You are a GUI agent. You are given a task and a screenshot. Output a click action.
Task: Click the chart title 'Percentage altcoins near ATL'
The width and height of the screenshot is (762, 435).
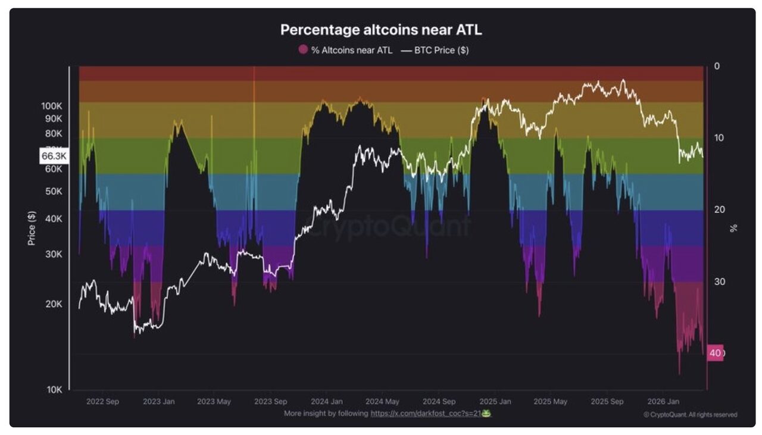click(x=380, y=30)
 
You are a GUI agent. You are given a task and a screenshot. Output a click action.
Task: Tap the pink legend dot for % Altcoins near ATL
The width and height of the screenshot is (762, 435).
click(x=303, y=50)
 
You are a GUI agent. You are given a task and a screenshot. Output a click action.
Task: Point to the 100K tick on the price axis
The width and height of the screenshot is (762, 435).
click(x=52, y=106)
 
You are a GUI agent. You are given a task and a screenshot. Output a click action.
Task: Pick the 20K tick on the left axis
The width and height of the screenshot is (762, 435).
click(x=53, y=304)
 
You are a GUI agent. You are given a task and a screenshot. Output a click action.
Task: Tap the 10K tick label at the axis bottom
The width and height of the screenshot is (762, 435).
click(x=54, y=390)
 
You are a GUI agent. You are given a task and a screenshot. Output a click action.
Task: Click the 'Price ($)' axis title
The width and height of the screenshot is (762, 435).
click(x=32, y=228)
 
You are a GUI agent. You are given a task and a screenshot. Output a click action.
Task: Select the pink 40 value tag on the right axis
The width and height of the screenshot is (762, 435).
click(x=715, y=353)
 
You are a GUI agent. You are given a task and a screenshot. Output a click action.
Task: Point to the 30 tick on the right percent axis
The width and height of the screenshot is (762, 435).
click(x=719, y=281)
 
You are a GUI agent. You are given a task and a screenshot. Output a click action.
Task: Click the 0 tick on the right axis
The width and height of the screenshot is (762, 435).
click(x=717, y=66)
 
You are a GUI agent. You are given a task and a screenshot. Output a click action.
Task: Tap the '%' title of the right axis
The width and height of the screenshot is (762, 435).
click(x=733, y=228)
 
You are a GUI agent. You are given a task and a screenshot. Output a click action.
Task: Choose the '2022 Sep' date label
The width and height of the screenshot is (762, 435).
click(x=102, y=402)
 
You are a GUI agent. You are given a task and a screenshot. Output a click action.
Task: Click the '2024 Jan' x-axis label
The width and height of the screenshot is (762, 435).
click(x=327, y=402)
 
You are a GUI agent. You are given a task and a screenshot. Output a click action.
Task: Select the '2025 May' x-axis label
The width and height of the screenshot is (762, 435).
click(x=551, y=402)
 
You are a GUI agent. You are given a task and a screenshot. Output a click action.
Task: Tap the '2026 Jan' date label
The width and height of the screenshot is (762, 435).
click(x=663, y=402)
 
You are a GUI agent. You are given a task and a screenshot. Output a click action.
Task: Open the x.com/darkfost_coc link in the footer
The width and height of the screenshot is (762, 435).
click(x=425, y=413)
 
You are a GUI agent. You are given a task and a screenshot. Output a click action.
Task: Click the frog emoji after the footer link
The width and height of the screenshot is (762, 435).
click(x=486, y=413)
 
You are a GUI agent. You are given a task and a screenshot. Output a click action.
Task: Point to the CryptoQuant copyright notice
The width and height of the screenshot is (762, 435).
click(x=690, y=415)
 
